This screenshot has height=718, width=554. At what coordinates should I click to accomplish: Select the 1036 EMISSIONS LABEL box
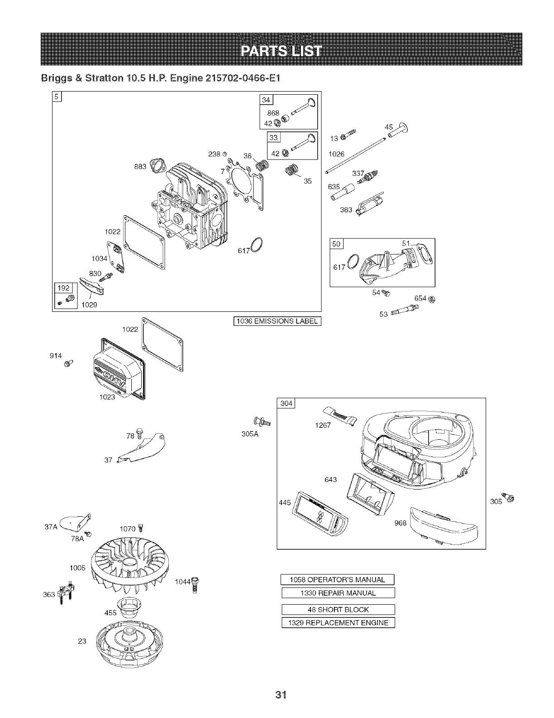[277, 322]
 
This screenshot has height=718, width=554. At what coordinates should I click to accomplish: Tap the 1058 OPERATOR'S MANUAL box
[338, 579]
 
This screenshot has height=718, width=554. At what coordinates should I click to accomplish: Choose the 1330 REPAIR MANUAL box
[338, 593]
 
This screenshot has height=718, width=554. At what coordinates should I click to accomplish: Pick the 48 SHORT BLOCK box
[338, 610]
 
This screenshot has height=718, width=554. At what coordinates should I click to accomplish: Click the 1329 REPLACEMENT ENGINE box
[338, 623]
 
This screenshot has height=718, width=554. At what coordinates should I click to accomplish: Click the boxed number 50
[337, 244]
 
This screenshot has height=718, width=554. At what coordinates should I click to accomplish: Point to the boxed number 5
[57, 96]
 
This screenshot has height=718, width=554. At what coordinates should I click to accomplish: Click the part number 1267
[322, 425]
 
